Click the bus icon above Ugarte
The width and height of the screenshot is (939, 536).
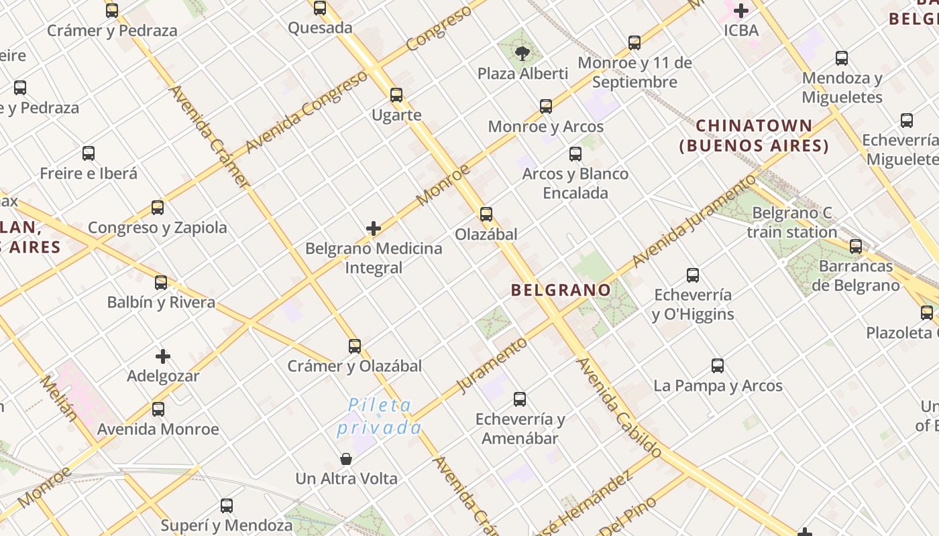(x=396, y=95)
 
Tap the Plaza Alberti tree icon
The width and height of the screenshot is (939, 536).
(x=521, y=53)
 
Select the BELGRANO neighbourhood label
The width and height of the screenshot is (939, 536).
(x=561, y=290)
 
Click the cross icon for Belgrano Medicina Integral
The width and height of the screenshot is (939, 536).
(x=374, y=229)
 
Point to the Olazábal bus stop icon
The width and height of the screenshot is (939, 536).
(x=486, y=214)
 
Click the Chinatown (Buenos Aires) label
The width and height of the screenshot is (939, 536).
(x=754, y=135)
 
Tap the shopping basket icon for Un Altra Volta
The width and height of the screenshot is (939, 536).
(x=346, y=459)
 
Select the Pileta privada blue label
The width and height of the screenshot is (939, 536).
(x=380, y=417)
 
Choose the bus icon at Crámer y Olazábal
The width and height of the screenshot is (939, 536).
(x=355, y=346)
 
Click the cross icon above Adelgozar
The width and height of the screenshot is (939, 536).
(x=162, y=356)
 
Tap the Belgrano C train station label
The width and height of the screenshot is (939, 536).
(x=791, y=222)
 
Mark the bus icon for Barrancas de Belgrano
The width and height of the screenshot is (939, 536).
(x=856, y=247)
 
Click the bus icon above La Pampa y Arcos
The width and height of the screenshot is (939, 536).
(x=718, y=366)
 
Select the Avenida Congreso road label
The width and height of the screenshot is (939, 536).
(x=307, y=111)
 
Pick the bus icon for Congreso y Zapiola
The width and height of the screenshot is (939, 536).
(x=158, y=208)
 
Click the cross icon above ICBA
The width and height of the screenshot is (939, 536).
(x=741, y=11)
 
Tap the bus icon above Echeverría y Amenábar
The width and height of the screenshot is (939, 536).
(x=520, y=399)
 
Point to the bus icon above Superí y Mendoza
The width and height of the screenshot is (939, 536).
(x=227, y=506)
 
